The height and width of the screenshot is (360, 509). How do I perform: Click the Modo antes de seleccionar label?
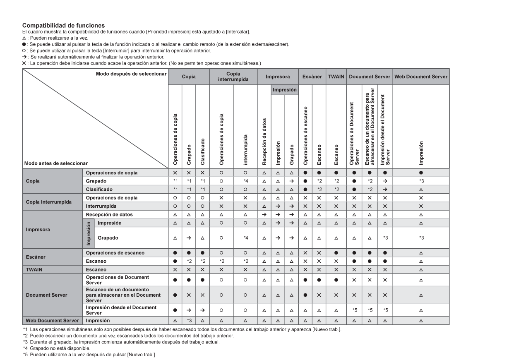(52, 163)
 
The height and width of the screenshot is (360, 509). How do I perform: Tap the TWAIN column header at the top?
(336, 77)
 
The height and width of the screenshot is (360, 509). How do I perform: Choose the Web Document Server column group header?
(420, 77)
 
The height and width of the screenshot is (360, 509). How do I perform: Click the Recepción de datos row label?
(109, 214)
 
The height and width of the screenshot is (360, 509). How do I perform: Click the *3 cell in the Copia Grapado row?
(420, 181)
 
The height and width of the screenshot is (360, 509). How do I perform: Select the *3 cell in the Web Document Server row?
(189, 320)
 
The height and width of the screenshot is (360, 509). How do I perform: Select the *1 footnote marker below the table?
(25, 329)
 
